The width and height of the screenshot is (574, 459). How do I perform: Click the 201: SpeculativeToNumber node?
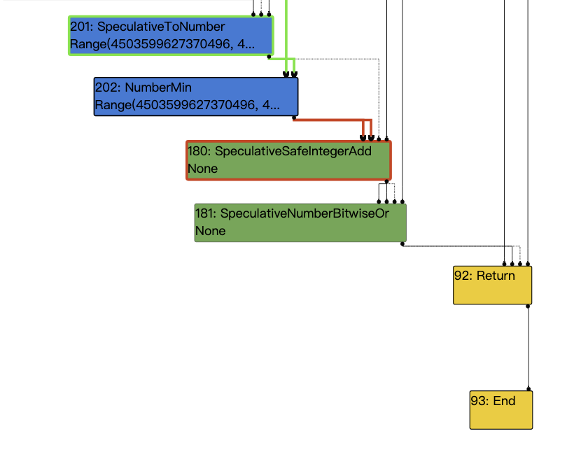point(171,36)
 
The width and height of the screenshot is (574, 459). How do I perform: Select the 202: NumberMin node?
point(196,97)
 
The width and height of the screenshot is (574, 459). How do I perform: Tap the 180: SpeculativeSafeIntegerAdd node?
point(288,160)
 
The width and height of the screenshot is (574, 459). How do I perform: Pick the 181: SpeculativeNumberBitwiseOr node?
point(300,223)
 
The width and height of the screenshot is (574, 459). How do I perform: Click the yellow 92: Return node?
point(492,285)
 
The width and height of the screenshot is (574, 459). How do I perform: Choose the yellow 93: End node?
point(500,409)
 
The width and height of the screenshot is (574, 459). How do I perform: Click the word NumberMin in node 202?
point(158,87)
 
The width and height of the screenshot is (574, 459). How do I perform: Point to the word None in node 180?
point(203,169)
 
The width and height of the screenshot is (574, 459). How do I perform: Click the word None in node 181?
point(210,231)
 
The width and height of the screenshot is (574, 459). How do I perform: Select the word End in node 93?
point(504,401)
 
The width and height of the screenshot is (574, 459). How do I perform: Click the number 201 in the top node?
point(80,27)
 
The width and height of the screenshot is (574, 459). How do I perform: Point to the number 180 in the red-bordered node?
point(198,151)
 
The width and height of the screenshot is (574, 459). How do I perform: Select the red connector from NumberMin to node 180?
point(329,120)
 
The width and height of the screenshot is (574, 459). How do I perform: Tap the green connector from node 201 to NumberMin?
point(280,59)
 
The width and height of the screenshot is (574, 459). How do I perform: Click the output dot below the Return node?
point(528,306)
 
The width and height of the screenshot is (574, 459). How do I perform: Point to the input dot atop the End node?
point(528,389)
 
